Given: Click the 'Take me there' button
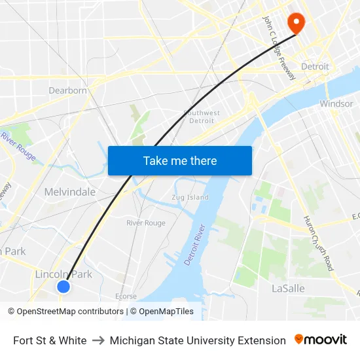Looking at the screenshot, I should (179, 160).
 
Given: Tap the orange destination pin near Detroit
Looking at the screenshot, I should (296, 23).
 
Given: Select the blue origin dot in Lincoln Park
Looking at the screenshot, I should (63, 287).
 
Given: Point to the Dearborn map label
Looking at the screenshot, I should (67, 90).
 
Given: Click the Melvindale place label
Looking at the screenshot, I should (69, 192).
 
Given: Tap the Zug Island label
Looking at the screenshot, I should (190, 197).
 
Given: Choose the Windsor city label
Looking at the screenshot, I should (336, 103).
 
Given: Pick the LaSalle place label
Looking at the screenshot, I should (288, 288).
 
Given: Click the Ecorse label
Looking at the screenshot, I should (126, 296).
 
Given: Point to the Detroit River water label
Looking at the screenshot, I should (195, 245).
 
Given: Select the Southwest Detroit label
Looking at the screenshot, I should (202, 116).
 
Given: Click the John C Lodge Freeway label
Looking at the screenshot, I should (279, 48).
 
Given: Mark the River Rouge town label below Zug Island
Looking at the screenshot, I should (145, 223).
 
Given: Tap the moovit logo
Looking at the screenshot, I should (321, 340).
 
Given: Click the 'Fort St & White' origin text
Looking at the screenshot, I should (50, 340).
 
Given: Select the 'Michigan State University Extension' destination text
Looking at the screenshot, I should (198, 340).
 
